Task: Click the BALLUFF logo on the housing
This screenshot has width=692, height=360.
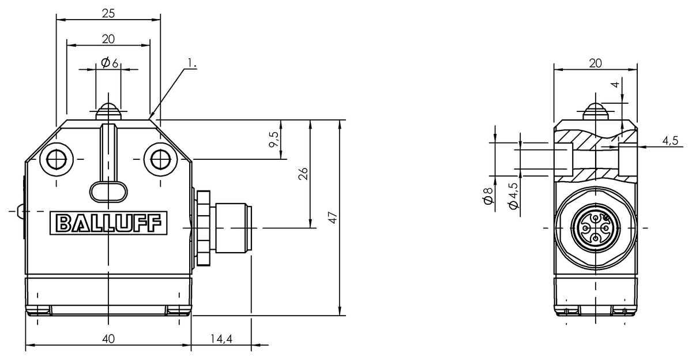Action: [x=108, y=223]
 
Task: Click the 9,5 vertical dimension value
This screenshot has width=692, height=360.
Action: [x=274, y=139]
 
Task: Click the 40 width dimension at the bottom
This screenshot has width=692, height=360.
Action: [x=108, y=339]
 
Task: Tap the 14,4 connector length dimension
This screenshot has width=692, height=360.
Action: [x=221, y=339]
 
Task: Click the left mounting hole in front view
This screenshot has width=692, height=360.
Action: [x=56, y=158]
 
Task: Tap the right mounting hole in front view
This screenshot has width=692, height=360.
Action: [x=160, y=158]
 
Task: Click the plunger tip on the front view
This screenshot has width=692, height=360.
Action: [x=108, y=110]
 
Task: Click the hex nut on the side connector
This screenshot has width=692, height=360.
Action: [x=203, y=228]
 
